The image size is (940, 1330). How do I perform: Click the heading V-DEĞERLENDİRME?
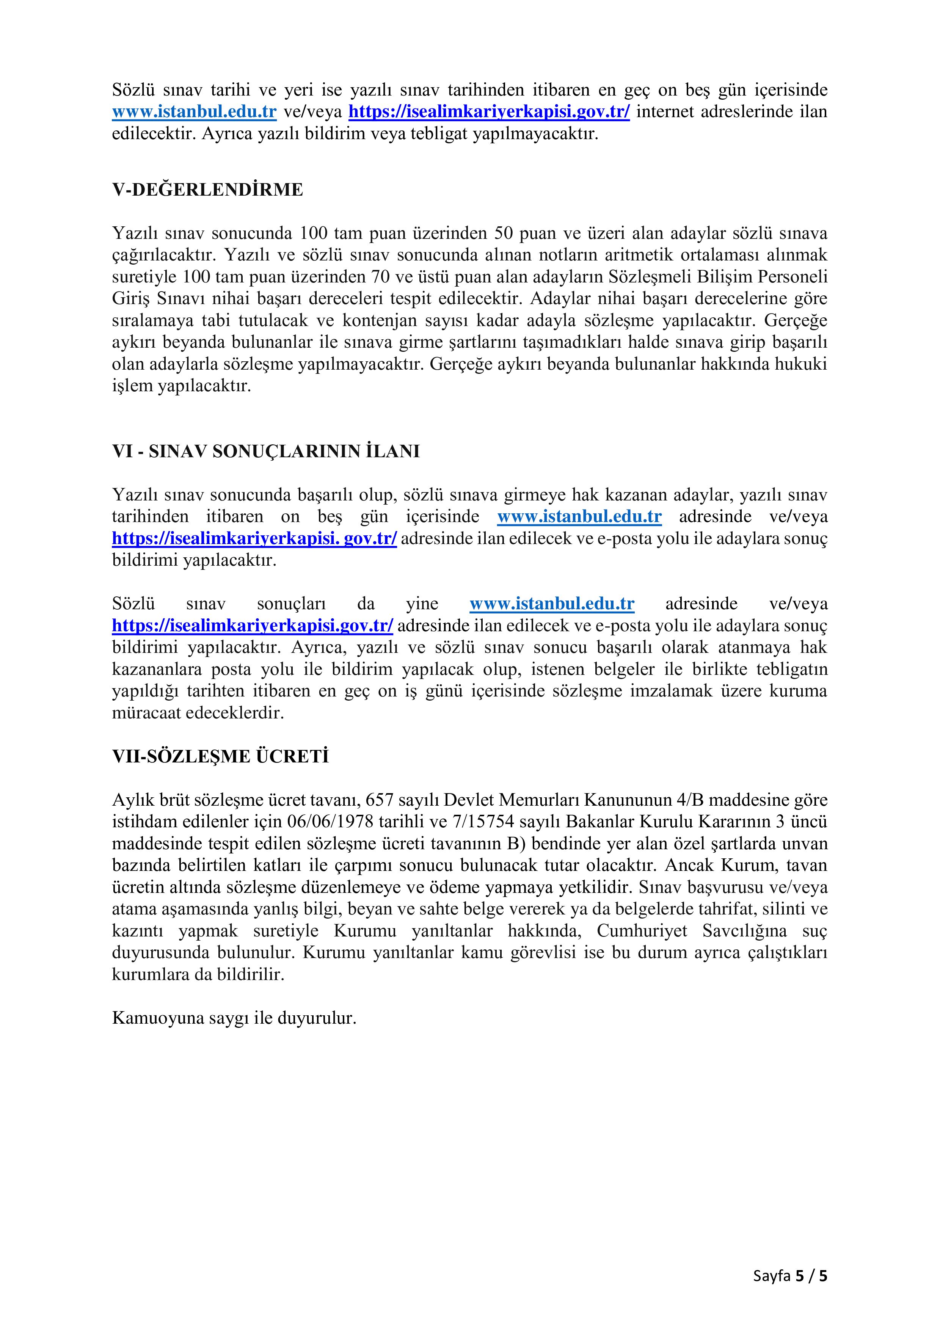(x=207, y=190)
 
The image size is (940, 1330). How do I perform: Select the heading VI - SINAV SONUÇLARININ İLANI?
(x=266, y=452)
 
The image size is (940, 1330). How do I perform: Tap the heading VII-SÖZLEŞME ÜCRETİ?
(x=220, y=756)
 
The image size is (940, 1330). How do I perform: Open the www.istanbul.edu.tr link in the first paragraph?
(x=194, y=112)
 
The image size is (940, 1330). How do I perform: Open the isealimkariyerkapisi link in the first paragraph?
(x=489, y=112)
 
